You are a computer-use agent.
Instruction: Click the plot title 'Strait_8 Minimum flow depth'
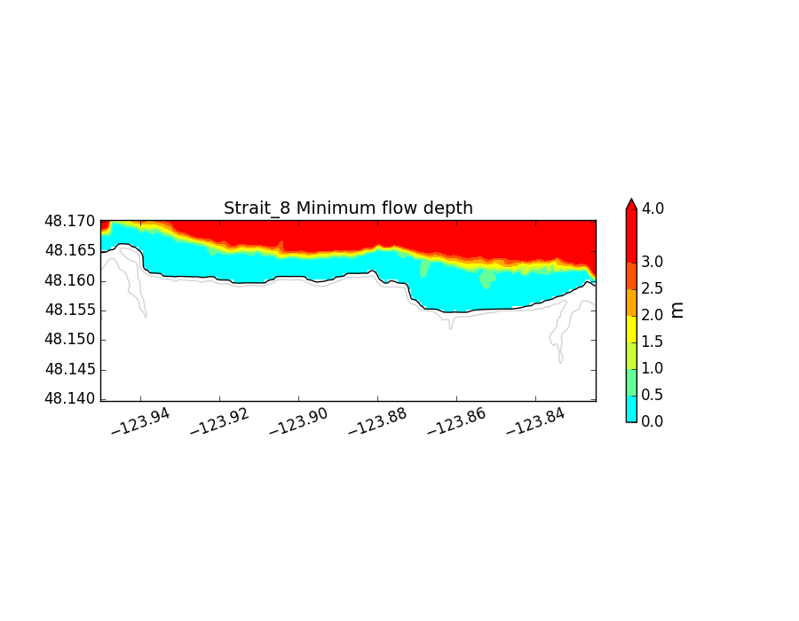(348, 208)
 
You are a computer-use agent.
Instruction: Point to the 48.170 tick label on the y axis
(72, 221)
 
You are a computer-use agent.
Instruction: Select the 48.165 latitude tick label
(72, 251)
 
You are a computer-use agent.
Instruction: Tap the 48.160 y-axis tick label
(72, 280)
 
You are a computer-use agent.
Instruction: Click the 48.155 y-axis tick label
(72, 310)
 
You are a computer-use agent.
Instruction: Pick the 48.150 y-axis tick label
(72, 340)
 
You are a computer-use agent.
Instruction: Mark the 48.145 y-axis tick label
(72, 369)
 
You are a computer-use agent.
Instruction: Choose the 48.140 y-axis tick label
(72, 398)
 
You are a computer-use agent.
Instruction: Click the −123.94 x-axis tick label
(139, 421)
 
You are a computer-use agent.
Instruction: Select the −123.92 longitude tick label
(218, 421)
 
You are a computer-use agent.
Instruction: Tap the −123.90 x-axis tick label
(297, 421)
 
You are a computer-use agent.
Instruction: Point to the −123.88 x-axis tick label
(376, 421)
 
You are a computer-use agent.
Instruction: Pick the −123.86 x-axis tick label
(455, 421)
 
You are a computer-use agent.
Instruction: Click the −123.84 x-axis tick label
(534, 421)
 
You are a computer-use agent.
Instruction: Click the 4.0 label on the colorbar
(653, 208)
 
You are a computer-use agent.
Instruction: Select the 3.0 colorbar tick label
(653, 262)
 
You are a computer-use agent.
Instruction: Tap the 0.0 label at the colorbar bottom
(653, 421)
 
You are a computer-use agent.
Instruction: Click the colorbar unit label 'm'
(676, 309)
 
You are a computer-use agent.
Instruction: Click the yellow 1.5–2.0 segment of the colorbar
(631, 328)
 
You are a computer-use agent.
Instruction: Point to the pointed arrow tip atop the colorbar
(631, 201)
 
